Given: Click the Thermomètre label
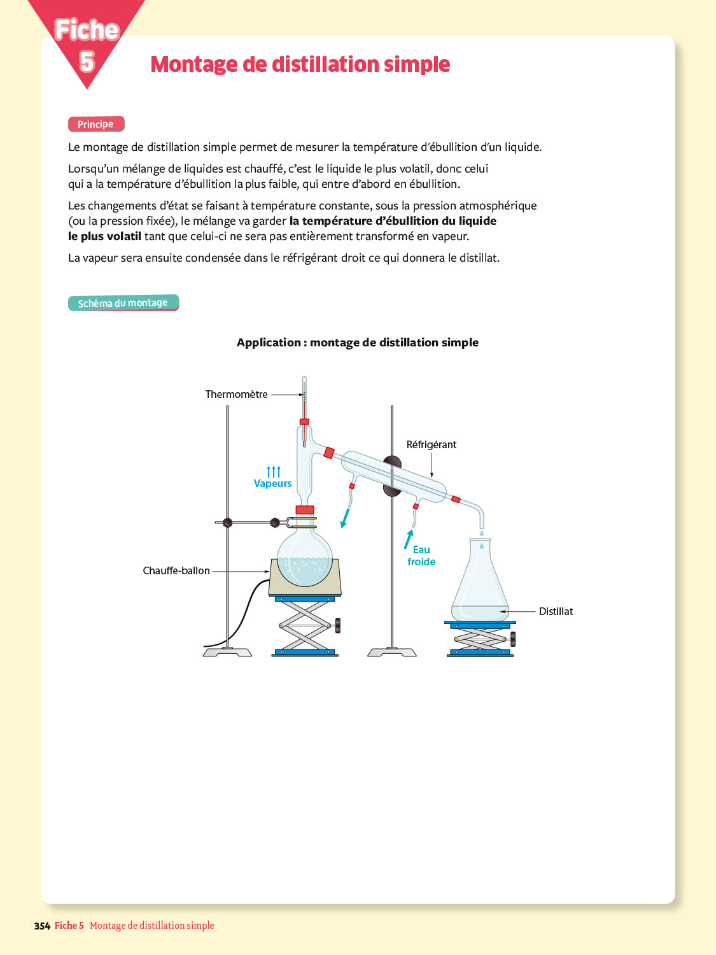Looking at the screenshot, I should coord(236,395).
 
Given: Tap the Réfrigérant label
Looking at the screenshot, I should coord(431,445).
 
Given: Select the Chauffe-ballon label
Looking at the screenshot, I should coord(176,571).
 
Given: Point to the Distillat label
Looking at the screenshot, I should coord(556,612).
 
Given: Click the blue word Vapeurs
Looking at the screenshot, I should coord(272,484).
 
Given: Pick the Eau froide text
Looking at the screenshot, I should coord(421,556).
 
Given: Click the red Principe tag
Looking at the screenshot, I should coord(95,124).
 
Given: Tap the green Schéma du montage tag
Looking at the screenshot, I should coord(123,303).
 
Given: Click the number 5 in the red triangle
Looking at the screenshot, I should coord(87,62).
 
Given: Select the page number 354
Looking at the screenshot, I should coord(42,926).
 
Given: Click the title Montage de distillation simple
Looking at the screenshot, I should coord(300,64).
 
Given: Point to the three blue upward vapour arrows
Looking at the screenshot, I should coord(274,471).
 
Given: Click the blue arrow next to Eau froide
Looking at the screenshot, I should coord(408,539).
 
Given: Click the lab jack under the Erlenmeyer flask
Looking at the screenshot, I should coord(481,639).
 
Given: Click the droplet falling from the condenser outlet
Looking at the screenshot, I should coord(481,534).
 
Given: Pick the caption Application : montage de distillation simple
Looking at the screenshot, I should coord(357,343).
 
